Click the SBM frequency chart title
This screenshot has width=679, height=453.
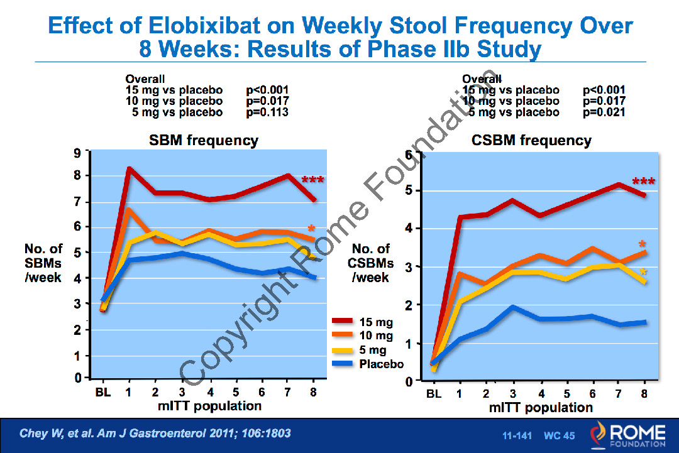[x=203, y=141]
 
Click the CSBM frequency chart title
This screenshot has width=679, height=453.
[x=531, y=141]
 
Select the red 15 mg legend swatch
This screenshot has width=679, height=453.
[x=344, y=322]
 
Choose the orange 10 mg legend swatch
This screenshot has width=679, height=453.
[x=344, y=336]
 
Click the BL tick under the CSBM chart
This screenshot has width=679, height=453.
[x=434, y=395]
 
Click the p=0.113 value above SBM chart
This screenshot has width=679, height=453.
[x=267, y=113]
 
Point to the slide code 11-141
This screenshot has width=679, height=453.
[x=517, y=435]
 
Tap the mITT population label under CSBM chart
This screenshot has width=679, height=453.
[x=541, y=408]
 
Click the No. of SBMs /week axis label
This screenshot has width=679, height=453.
[x=43, y=263]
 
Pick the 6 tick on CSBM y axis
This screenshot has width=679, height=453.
[x=408, y=155]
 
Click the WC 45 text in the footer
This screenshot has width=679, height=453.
[x=559, y=435]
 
